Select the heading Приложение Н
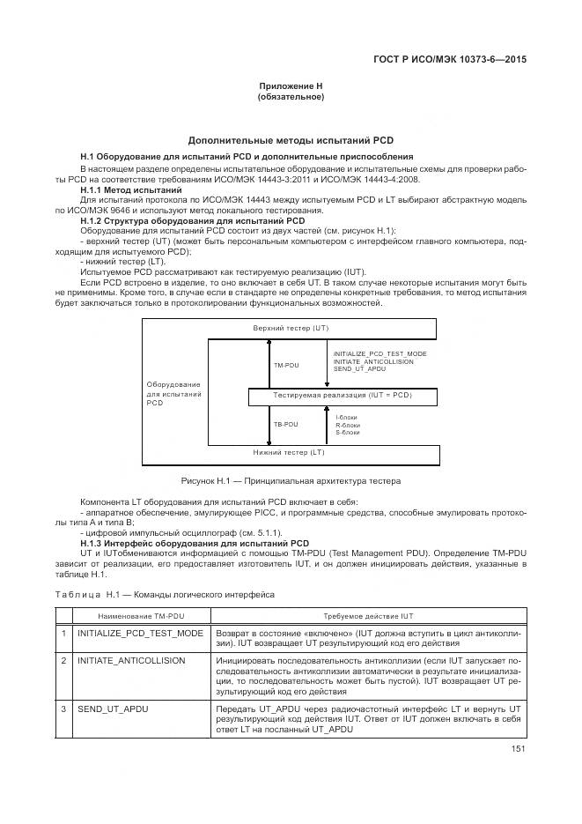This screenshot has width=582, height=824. pyautogui.click(x=291, y=85)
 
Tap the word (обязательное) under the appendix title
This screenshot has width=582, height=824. pyautogui.click(x=291, y=97)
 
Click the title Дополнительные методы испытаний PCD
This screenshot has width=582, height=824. pyautogui.click(x=291, y=139)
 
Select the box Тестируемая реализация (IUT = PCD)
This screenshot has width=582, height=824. pyautogui.click(x=343, y=397)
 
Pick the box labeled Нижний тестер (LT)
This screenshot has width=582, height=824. pyautogui.click(x=289, y=453)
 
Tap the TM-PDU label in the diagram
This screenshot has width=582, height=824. pyautogui.click(x=285, y=363)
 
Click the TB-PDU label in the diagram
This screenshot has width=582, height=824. pyautogui.click(x=285, y=425)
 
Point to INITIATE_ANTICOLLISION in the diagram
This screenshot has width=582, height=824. pyautogui.click(x=372, y=360)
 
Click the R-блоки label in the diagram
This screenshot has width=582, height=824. pyautogui.click(x=348, y=425)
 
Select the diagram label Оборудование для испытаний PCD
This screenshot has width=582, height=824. pyautogui.click(x=173, y=394)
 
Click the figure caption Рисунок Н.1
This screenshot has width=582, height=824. pyautogui.click(x=291, y=481)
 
